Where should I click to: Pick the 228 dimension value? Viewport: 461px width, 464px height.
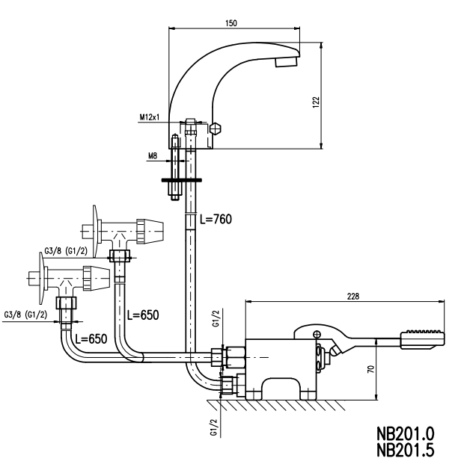pyautogui.click(x=352, y=296)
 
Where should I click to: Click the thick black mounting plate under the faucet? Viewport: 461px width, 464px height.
pyautogui.click(x=181, y=180)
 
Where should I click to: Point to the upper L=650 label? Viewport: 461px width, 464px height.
pyautogui.click(x=141, y=314)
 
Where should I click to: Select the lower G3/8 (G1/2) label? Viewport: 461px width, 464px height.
pyautogui.click(x=25, y=314)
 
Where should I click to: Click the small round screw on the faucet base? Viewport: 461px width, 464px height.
pyautogui.click(x=219, y=129)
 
